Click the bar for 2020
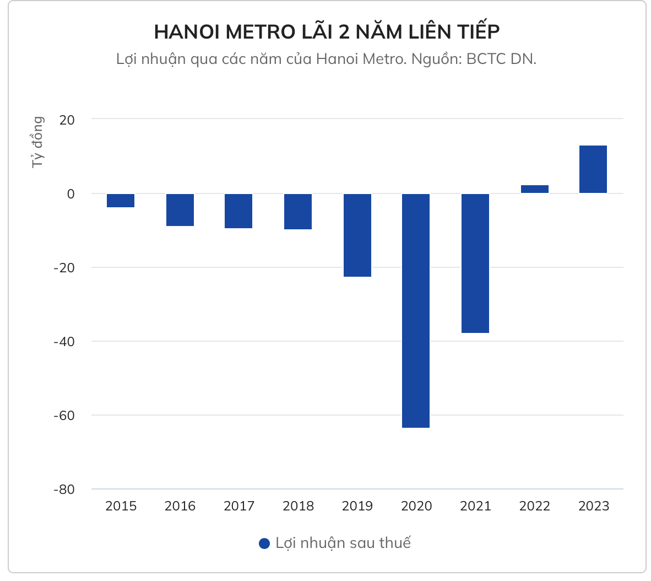[x=416, y=310]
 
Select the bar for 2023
[x=593, y=169]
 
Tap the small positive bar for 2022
[x=534, y=189]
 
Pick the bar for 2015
[x=121, y=201]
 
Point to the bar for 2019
[x=357, y=235]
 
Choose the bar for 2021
[x=475, y=263]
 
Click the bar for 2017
[x=238, y=211]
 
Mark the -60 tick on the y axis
[x=64, y=415]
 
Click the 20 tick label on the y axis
[x=67, y=119]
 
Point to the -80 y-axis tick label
[x=64, y=489]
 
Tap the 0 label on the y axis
[x=70, y=193]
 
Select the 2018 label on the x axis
[x=298, y=506]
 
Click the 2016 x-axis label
[x=180, y=506]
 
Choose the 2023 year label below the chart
[x=594, y=506]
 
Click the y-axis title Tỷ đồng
[x=37, y=142]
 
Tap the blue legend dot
[x=264, y=544]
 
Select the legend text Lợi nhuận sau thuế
[x=343, y=543]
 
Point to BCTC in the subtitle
[x=486, y=59]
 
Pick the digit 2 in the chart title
[x=344, y=32]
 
